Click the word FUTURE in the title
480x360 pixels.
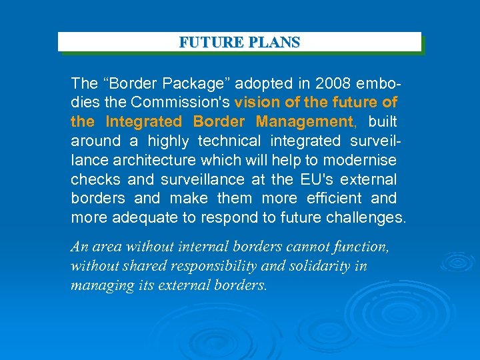[203, 43]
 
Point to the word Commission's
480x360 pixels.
[181, 103]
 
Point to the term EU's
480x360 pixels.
[317, 179]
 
